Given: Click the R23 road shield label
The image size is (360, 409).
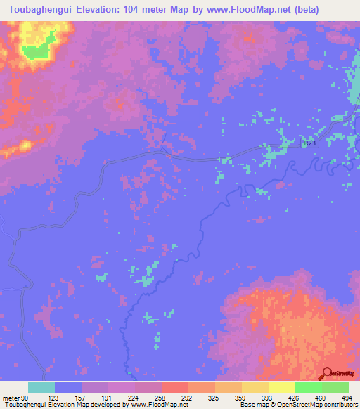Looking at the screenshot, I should point(310,143).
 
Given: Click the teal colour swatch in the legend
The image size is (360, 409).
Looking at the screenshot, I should point(41,387).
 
